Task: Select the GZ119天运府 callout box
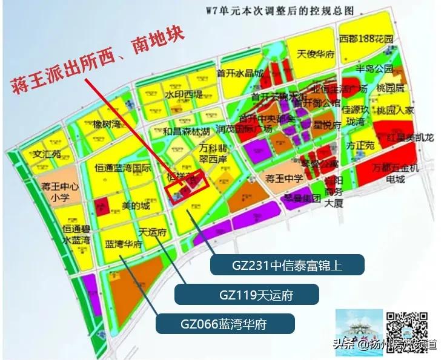[x=247, y=295]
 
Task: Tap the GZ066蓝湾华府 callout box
[x=225, y=323]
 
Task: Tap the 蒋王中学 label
[x=284, y=178]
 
